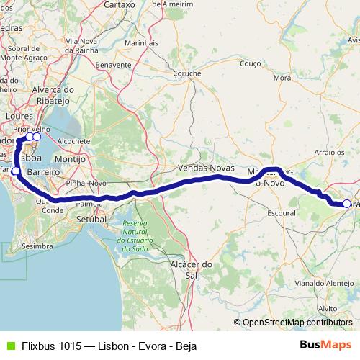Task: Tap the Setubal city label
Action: [91, 218]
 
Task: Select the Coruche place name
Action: [186, 73]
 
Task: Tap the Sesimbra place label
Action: [38, 246]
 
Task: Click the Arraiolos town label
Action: [330, 153]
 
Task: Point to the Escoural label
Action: [282, 215]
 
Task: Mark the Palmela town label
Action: [84, 204]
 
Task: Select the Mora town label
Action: [282, 77]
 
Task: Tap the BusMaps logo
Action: [325, 344]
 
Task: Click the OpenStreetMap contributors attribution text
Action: [297, 322]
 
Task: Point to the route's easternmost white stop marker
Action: [346, 204]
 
